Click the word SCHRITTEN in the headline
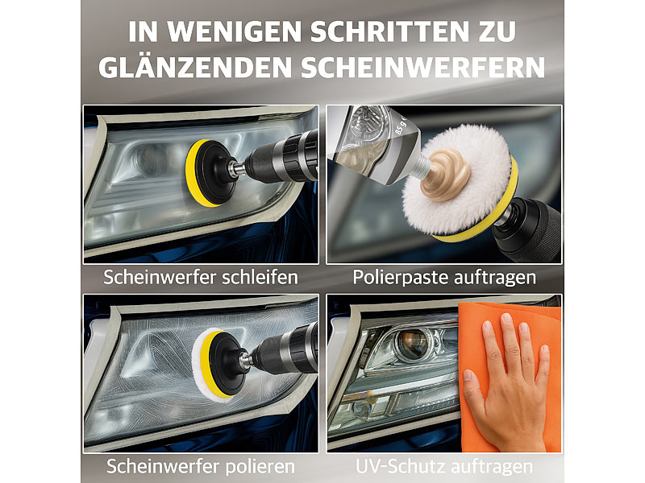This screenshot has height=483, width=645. tap(389, 31)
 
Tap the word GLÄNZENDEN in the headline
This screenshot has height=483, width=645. tap(195, 68)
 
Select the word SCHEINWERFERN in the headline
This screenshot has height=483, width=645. tap(422, 68)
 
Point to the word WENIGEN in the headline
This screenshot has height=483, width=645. tap(235, 31)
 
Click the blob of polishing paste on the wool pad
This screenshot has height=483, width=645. tap(447, 174)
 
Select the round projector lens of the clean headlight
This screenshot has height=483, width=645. tap(412, 342)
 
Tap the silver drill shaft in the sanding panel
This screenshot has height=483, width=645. tap(237, 169)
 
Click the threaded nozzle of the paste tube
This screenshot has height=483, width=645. tap(419, 167)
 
